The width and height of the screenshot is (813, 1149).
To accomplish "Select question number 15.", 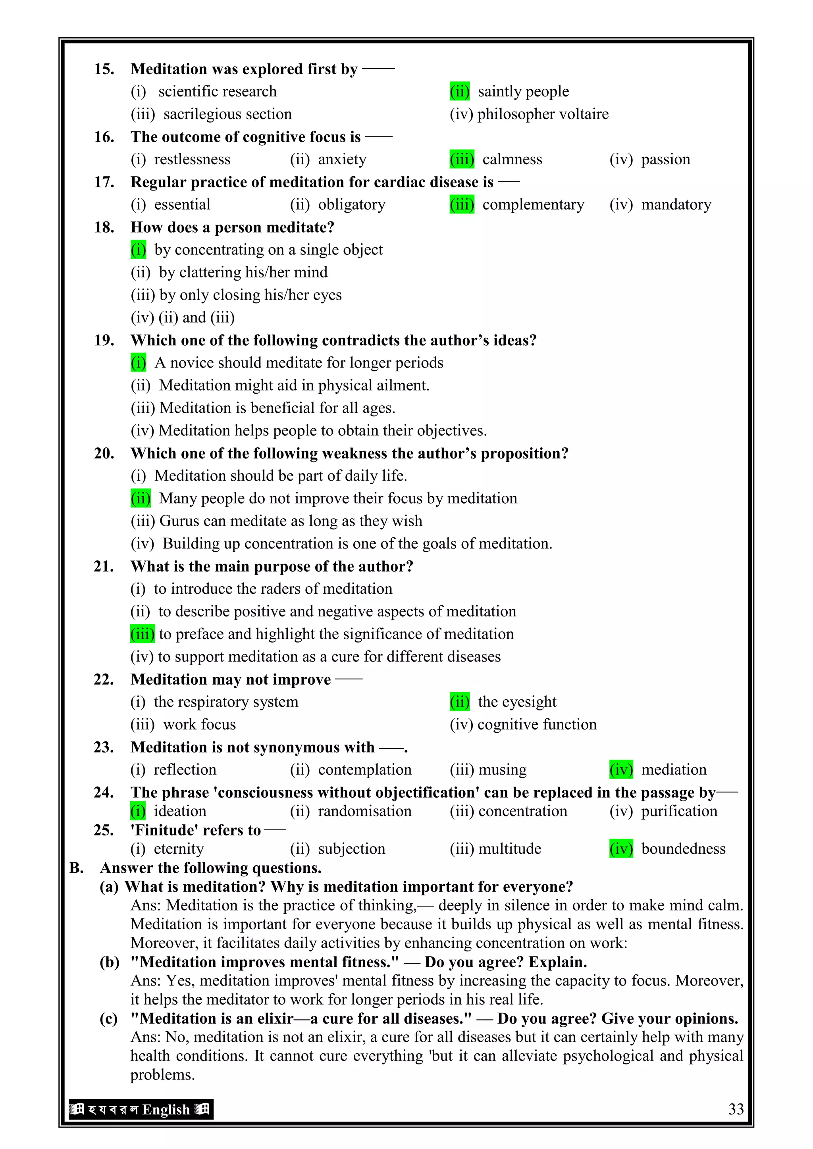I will click(104, 69).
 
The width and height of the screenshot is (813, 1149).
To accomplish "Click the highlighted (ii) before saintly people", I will click(460, 92).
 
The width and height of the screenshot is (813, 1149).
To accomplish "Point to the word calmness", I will click(512, 160).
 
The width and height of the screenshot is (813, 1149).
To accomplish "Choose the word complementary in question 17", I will click(533, 205).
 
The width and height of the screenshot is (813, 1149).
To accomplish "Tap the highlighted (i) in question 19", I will click(138, 362).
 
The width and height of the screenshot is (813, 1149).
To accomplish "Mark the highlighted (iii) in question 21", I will click(142, 634).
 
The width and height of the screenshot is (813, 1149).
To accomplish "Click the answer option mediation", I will click(673, 770).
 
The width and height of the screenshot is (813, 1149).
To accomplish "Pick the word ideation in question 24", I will click(180, 811).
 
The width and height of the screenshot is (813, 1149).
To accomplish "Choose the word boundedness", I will click(683, 849).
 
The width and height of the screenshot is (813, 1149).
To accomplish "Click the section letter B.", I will click(76, 868).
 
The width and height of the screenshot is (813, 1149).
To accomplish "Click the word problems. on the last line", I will click(162, 1075).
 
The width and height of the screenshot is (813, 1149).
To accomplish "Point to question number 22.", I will click(104, 679).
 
